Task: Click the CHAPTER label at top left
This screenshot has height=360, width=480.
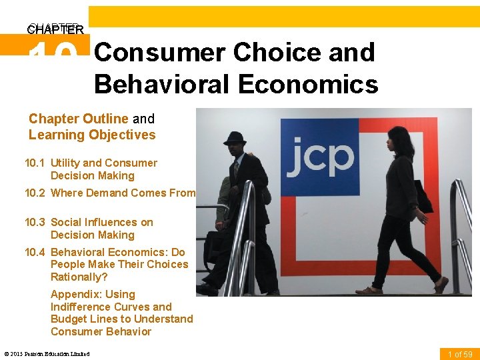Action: coord(55,29)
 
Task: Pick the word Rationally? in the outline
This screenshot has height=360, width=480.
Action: coord(79,277)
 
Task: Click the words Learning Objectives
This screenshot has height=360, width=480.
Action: coord(92,135)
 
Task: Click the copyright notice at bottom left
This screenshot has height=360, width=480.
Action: coord(47,353)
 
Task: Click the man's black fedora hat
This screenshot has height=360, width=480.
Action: coord(234,138)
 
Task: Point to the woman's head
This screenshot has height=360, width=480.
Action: coord(398,138)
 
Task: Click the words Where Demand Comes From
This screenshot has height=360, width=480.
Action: coord(123,193)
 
